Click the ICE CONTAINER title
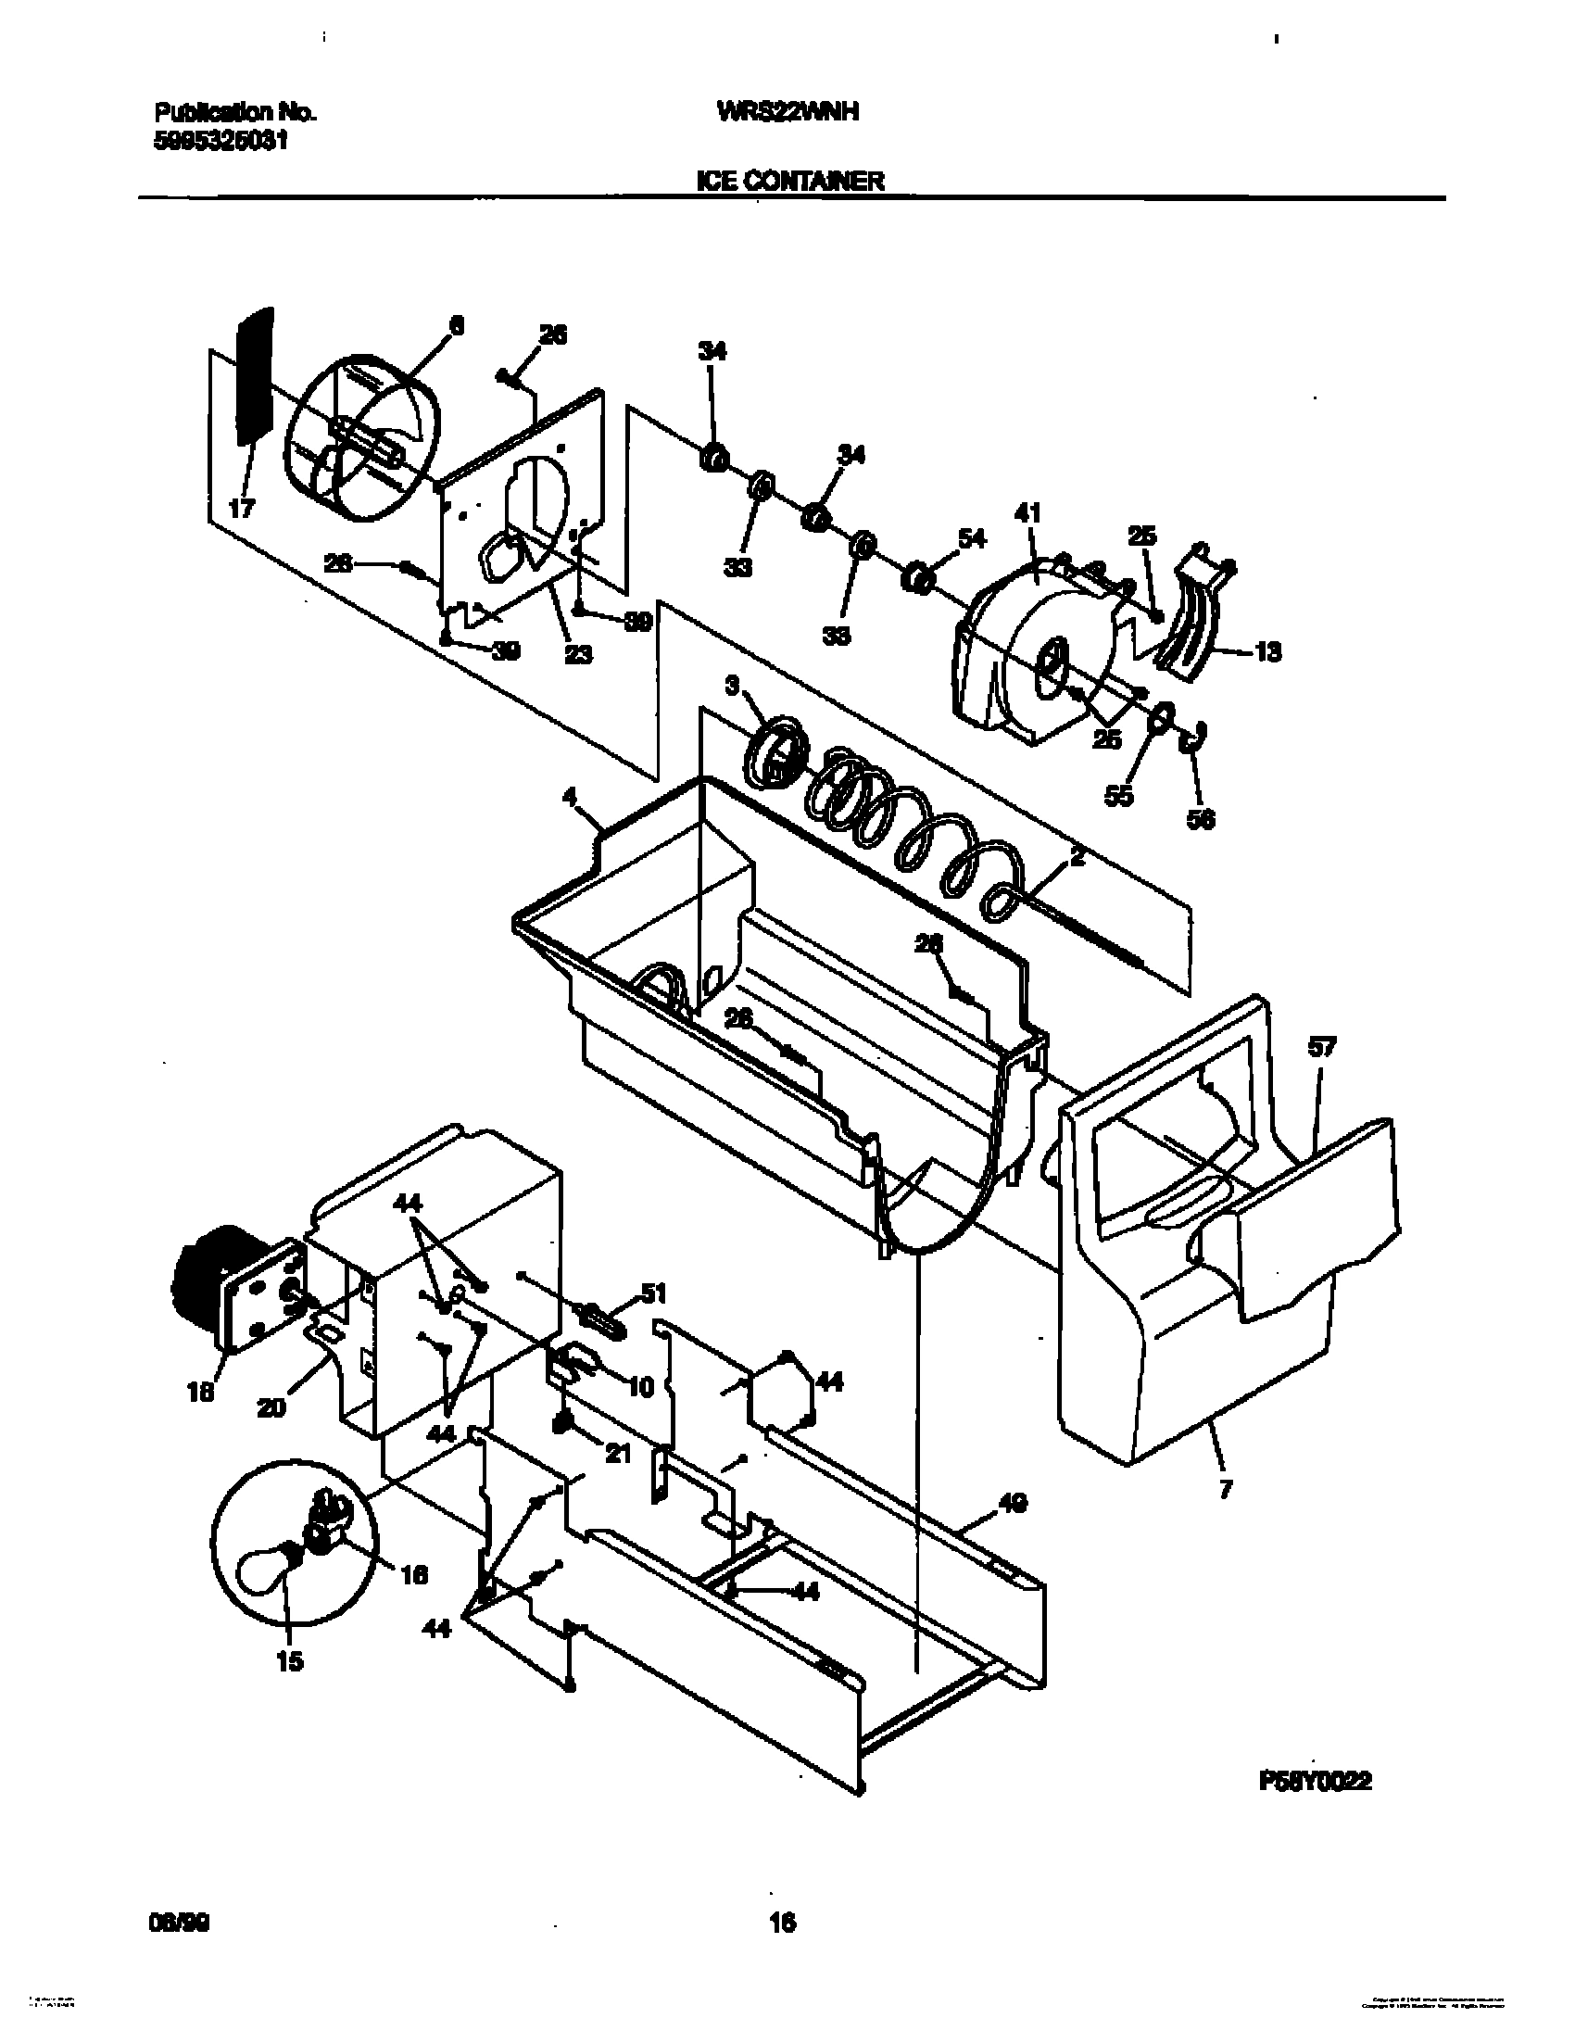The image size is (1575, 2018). point(789,181)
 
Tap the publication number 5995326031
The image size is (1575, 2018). point(220,142)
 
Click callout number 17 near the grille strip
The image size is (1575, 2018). point(243,509)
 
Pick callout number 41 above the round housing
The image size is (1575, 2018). point(1028,512)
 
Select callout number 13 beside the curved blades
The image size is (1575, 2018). point(1267,652)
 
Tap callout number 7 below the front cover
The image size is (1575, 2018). point(1226,1491)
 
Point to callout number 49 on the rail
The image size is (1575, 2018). point(1014,1503)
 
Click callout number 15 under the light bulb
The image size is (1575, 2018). point(289,1661)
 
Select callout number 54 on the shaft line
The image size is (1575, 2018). point(974,537)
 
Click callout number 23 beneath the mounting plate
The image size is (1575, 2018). point(579,654)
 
